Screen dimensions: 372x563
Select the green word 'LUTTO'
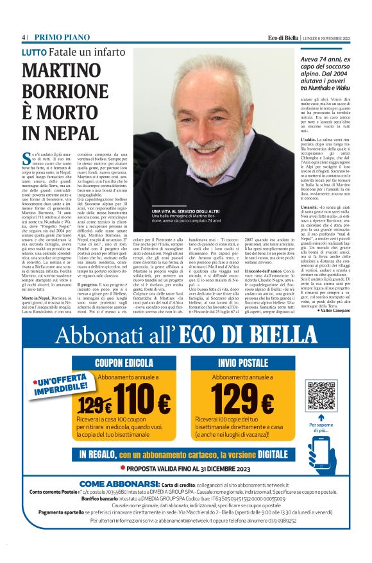[x=36, y=52]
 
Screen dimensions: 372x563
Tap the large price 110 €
[x=142, y=403]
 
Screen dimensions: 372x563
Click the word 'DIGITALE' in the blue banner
[x=264, y=454]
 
